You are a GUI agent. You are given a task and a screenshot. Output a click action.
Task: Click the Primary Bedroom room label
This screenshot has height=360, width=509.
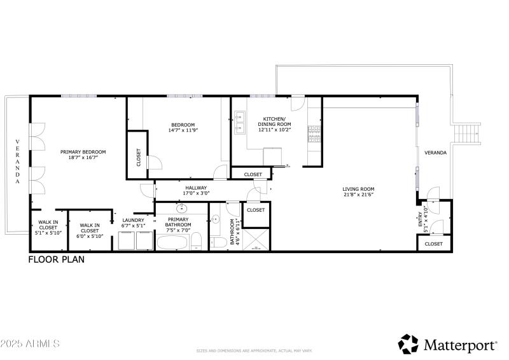click(83, 152)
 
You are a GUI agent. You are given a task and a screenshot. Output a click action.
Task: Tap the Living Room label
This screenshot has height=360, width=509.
click(358, 189)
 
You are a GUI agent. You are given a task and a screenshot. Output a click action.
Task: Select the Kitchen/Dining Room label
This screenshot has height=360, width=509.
click(275, 122)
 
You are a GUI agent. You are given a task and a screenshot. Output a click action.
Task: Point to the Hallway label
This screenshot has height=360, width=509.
click(196, 188)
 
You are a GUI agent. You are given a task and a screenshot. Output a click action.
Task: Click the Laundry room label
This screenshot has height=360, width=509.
click(134, 221)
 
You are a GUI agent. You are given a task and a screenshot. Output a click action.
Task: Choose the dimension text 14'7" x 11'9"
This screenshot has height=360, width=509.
click(183, 130)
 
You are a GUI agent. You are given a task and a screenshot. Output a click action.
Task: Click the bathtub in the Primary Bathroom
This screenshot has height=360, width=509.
click(172, 242)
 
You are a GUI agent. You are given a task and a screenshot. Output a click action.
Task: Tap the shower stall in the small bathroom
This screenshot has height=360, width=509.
click(256, 240)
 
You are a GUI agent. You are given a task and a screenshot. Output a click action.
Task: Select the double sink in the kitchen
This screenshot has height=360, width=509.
click(241, 123)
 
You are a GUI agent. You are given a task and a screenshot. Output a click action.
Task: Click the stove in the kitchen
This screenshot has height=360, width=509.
click(314, 132)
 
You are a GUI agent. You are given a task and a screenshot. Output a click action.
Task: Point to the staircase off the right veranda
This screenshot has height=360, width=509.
click(468, 134)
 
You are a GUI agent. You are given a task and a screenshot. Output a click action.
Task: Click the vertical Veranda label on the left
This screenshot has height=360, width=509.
click(18, 162)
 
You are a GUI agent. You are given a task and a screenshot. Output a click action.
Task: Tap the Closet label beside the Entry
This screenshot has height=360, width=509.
click(433, 244)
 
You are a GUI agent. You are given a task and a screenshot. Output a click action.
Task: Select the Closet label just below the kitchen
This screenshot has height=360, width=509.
click(253, 174)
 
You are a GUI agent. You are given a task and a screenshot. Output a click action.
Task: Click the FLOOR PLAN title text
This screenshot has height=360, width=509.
click(56, 260)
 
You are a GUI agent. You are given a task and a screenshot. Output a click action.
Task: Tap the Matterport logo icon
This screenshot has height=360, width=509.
click(408, 344)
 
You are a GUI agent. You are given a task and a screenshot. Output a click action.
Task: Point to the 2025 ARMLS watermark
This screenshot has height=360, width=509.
click(30, 344)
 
